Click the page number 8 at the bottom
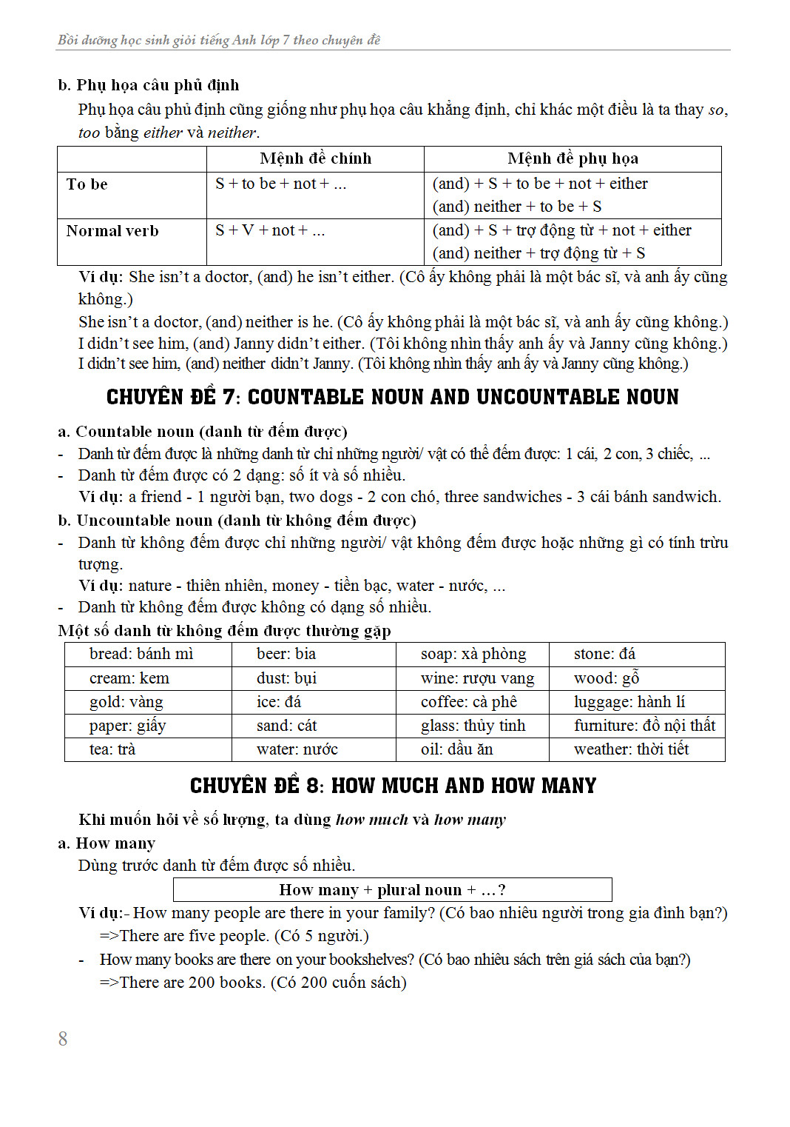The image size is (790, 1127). coord(63,1039)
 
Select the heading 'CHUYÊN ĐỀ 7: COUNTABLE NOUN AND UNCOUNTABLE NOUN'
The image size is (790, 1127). coord(392,398)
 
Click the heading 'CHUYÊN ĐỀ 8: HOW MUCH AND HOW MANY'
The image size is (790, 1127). coord(393,786)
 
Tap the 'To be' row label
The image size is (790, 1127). coord(87,184)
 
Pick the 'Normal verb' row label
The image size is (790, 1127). coord(112,231)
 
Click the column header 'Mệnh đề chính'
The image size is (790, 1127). coord(315,158)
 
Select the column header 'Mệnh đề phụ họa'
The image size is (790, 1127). coord(573,158)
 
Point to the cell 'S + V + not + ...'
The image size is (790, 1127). coord(270,231)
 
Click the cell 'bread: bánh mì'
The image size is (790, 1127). coord(141,654)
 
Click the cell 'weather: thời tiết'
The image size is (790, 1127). coord(631,749)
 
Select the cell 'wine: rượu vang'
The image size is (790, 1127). coord(477,678)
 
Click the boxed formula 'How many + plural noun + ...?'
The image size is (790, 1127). coord(392,890)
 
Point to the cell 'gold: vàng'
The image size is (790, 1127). coord(126,702)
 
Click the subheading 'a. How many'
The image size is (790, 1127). coord(107,843)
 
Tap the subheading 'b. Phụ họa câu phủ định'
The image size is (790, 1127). coord(148,85)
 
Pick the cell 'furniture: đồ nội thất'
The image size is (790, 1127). coord(644,726)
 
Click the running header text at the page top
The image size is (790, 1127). coord(219,40)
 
